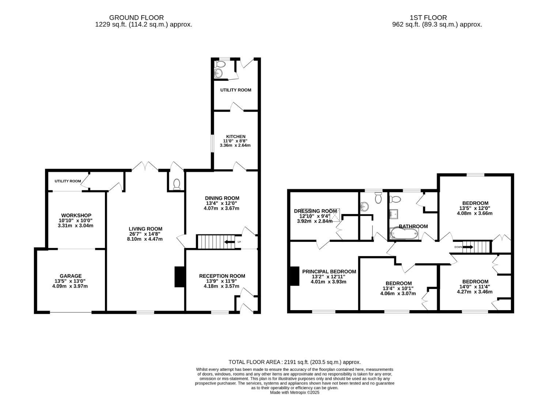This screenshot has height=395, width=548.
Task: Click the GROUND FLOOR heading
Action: tap(136, 18)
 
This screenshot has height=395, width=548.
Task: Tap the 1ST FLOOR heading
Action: tap(428, 18)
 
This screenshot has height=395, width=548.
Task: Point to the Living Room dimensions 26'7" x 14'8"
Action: tap(142, 234)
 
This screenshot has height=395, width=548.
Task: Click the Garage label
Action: tap(71, 276)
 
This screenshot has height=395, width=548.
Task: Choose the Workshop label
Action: tap(76, 215)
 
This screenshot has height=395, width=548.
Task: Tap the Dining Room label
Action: tap(222, 198)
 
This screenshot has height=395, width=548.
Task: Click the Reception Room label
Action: tap(222, 276)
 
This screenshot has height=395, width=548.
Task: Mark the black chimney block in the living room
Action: tap(179, 277)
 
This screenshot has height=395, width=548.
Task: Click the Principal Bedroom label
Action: tap(329, 271)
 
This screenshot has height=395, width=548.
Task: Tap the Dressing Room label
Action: tap(315, 211)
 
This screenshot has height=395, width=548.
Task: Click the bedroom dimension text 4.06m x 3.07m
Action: tap(398, 293)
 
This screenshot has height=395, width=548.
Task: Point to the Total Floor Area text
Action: tap(295, 362)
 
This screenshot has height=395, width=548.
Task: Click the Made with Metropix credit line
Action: tap(295, 392)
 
